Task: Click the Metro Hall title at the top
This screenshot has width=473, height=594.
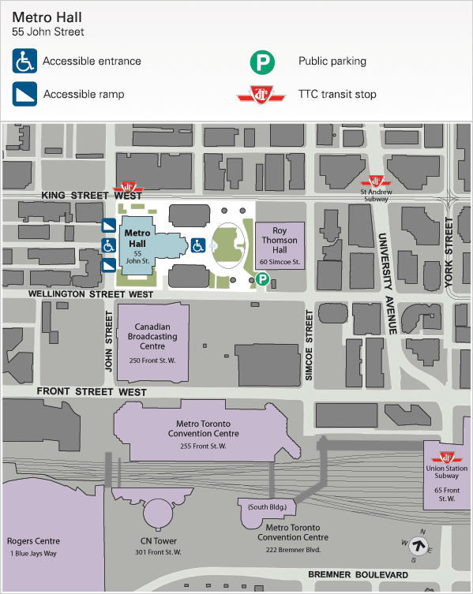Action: tap(47, 17)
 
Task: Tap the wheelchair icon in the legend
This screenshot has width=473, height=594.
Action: tap(24, 61)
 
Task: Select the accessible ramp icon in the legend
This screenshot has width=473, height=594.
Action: tap(24, 94)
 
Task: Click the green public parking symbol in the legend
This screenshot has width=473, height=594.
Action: tap(262, 62)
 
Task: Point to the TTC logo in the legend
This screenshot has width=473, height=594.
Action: tap(261, 95)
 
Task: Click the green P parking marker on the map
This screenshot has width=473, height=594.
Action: tap(262, 279)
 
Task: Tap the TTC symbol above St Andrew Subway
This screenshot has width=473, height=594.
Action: tap(376, 181)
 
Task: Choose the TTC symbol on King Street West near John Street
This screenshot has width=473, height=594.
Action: tap(129, 187)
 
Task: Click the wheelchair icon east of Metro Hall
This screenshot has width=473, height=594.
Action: tap(198, 245)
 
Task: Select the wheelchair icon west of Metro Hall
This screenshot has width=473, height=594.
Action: tap(109, 245)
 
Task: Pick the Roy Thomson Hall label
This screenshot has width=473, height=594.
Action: tap(280, 240)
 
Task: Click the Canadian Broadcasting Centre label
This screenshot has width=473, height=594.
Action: tap(152, 336)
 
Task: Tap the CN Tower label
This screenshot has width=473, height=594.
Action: tap(159, 541)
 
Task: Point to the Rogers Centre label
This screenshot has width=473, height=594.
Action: tap(33, 541)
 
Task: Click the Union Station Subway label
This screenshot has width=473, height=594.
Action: tap(446, 472)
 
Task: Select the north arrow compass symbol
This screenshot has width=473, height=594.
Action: tap(418, 546)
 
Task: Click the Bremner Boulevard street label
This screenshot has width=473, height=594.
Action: tap(358, 575)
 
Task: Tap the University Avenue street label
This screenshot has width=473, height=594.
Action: tap(386, 283)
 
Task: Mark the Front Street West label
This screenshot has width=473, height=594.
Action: tap(92, 392)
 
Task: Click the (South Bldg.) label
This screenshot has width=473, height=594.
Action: tap(268, 507)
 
